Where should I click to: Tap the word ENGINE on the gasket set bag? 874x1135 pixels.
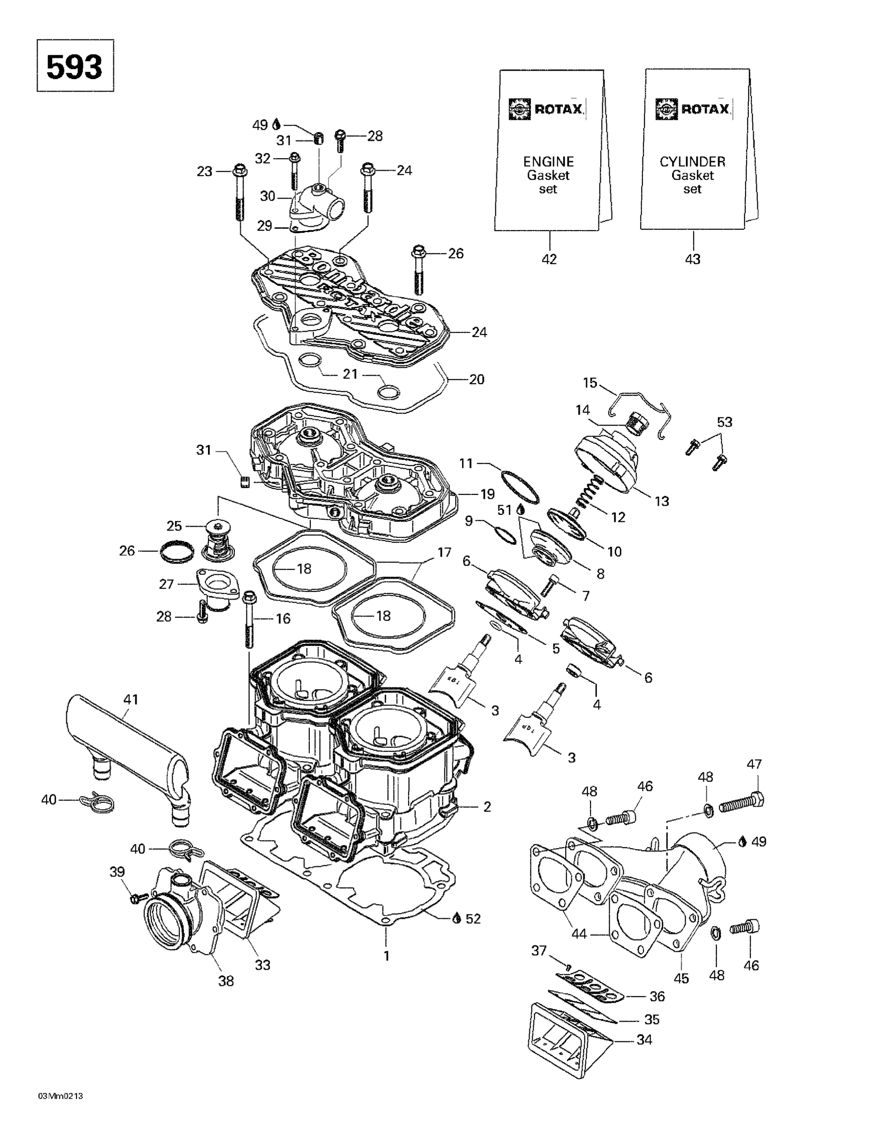pos(548,162)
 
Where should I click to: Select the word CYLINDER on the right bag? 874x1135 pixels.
pos(692,162)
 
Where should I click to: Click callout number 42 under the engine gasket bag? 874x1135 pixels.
pos(549,259)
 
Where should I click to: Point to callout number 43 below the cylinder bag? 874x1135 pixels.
pos(692,259)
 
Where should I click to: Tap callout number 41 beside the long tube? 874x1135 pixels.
pos(130,700)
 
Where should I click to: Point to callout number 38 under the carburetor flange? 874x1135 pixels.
pos(225,981)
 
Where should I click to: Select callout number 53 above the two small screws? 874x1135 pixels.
pos(724,422)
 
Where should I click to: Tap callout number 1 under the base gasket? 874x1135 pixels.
pos(386,955)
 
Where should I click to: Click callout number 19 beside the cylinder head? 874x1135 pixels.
pos(487,493)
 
